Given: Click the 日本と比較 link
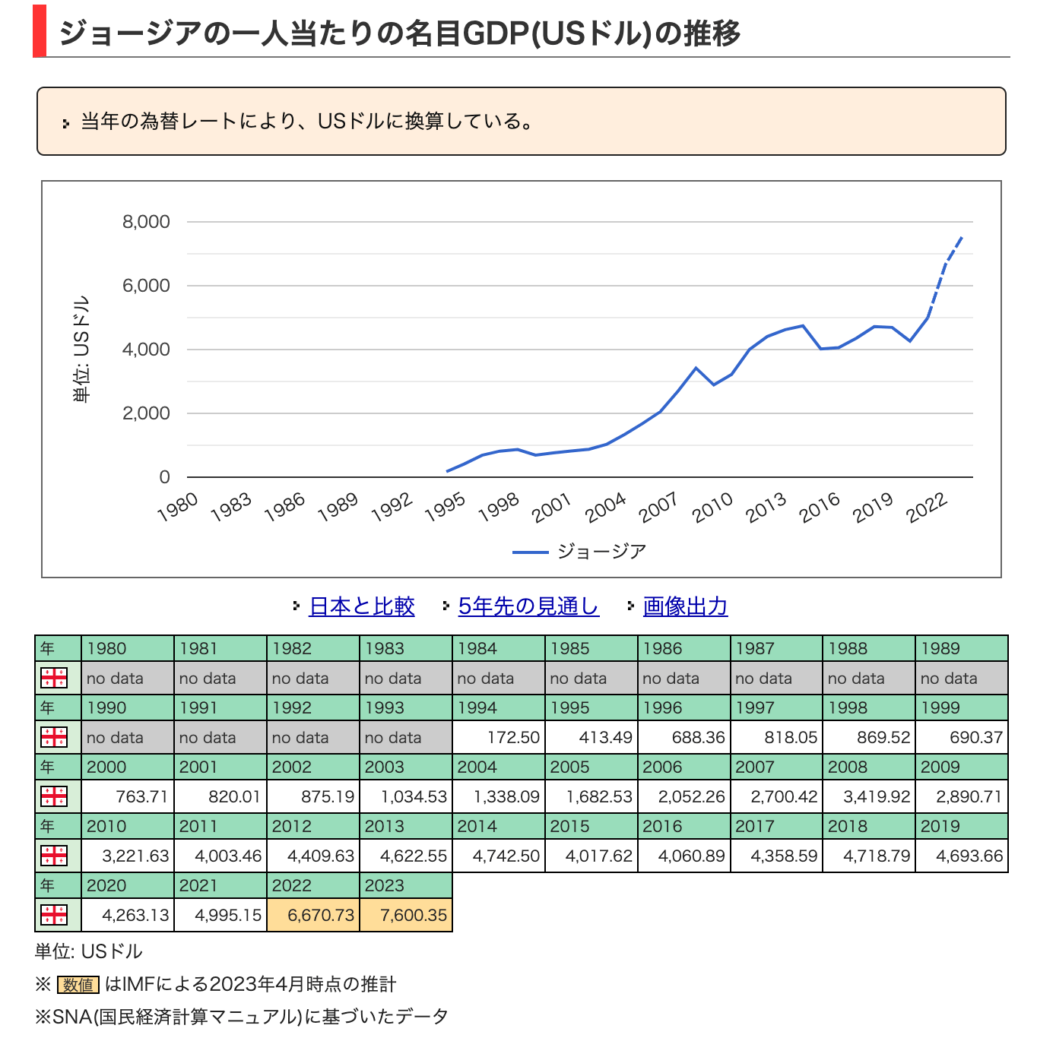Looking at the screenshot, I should (362, 606).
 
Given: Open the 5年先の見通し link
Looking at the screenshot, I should (528, 606).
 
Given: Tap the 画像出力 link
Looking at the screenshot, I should (685, 606).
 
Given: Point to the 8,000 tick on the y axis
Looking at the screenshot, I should (146, 222).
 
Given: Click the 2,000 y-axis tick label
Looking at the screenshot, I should (146, 413).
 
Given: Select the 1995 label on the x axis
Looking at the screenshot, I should (445, 507).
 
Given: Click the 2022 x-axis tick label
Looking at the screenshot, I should (927, 507).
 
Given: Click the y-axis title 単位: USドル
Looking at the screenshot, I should (81, 349).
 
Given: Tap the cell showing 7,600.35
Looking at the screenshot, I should (406, 915).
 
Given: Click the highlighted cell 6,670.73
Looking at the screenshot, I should (313, 915).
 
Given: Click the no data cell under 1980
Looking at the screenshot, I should (127, 678).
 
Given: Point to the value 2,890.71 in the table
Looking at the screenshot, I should (962, 796).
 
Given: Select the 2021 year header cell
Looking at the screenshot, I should (220, 885).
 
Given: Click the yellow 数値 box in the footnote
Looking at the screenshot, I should (78, 985).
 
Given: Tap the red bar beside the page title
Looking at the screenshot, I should (40, 31).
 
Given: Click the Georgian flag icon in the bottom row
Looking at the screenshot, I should (54, 915).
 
